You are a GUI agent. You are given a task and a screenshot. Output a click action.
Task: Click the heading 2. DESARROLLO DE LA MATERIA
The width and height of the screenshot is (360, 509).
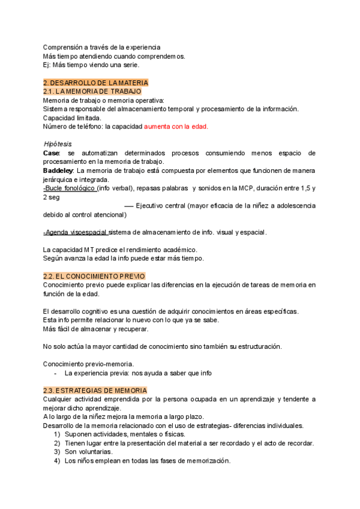tap(95, 82)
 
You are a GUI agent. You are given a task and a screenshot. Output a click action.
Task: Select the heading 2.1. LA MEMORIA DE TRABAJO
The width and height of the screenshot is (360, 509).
tap(92, 91)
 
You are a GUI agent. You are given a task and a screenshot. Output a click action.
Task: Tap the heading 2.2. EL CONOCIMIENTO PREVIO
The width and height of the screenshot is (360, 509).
tap(95, 276)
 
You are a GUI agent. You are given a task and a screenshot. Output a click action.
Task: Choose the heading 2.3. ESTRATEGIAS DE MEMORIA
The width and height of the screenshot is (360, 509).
tap(95, 390)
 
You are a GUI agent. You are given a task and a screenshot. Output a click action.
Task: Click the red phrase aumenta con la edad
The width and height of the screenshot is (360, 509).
tap(176, 127)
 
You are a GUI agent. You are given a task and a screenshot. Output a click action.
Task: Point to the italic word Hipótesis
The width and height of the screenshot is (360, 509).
tap(58, 144)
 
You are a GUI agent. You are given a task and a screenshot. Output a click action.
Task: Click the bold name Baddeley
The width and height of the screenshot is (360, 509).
tap(59, 171)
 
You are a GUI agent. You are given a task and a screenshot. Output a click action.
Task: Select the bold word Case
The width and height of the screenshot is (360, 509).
tap(52, 153)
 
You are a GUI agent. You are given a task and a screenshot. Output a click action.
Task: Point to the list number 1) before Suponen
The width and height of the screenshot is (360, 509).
tap(57, 435)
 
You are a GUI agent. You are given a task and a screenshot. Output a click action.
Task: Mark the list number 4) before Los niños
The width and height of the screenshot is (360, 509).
tap(57, 461)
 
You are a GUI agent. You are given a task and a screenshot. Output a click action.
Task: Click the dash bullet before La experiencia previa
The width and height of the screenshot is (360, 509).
tap(56, 373)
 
